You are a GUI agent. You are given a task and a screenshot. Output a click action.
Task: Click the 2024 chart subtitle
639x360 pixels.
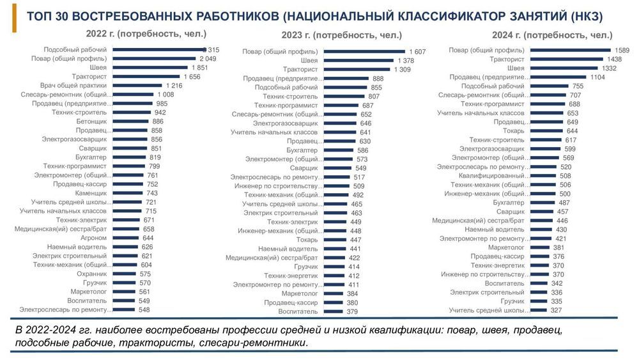[x=552, y=35]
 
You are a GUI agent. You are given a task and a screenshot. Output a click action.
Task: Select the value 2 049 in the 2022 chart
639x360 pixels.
[x=209, y=58]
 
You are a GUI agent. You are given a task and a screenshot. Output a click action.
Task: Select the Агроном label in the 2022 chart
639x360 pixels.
[x=93, y=238]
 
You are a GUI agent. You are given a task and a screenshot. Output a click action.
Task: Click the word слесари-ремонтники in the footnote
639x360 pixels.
[x=254, y=343]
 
